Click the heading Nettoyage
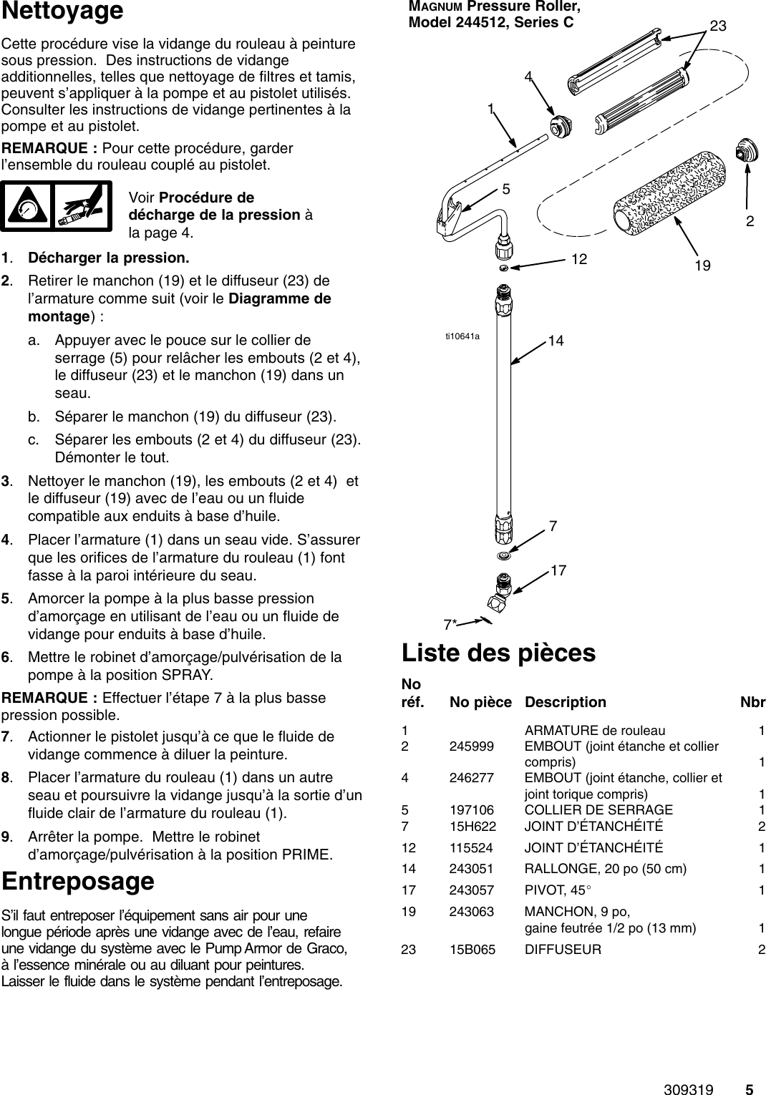pyautogui.click(x=62, y=12)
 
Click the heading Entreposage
pyautogui.click(x=78, y=881)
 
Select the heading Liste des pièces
pyautogui.click(x=498, y=653)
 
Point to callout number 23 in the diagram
pyautogui.click(x=717, y=26)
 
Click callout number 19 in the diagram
pyautogui.click(x=702, y=266)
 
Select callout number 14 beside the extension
pyautogui.click(x=556, y=341)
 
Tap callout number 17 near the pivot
pyautogui.click(x=558, y=570)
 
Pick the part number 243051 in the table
pyautogui.click(x=471, y=869)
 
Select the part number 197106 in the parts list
pyautogui.click(x=471, y=809)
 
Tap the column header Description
pyautogui.click(x=565, y=702)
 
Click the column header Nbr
pyautogui.click(x=752, y=702)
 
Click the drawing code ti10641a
pyautogui.click(x=462, y=335)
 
